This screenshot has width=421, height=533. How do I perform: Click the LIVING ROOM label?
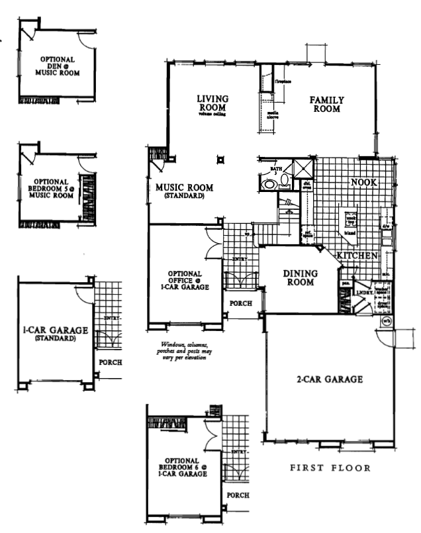tap(212, 105)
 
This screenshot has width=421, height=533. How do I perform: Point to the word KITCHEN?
tap(357, 256)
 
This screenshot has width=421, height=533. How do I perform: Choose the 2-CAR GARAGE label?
tap(329, 379)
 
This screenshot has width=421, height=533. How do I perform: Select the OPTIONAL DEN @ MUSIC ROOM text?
tap(57, 67)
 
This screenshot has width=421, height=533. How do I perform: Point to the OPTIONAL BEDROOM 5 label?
tap(53, 188)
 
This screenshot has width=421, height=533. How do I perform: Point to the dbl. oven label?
tap(307, 186)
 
